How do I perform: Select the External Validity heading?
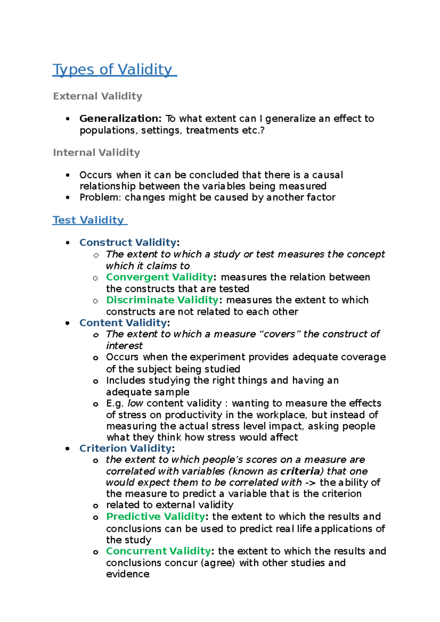coord(98,96)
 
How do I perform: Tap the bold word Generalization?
coord(120,118)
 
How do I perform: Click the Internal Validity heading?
coord(96,152)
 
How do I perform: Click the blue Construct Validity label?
coord(128,242)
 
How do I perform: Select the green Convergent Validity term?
coord(159,277)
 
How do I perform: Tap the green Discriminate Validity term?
coord(162,300)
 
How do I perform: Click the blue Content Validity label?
coord(123,323)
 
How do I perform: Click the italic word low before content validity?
coord(135,403)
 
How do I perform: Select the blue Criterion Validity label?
coord(125,448)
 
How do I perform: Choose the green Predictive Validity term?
coord(155,517)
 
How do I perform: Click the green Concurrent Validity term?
coord(158,551)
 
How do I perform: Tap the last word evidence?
coord(128,574)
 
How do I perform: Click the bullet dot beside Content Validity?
coord(67,323)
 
